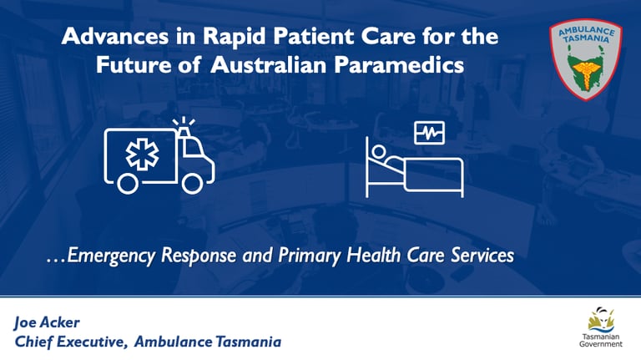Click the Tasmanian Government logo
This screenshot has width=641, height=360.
click(x=598, y=327)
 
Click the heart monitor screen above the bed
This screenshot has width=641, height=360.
click(x=429, y=132)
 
